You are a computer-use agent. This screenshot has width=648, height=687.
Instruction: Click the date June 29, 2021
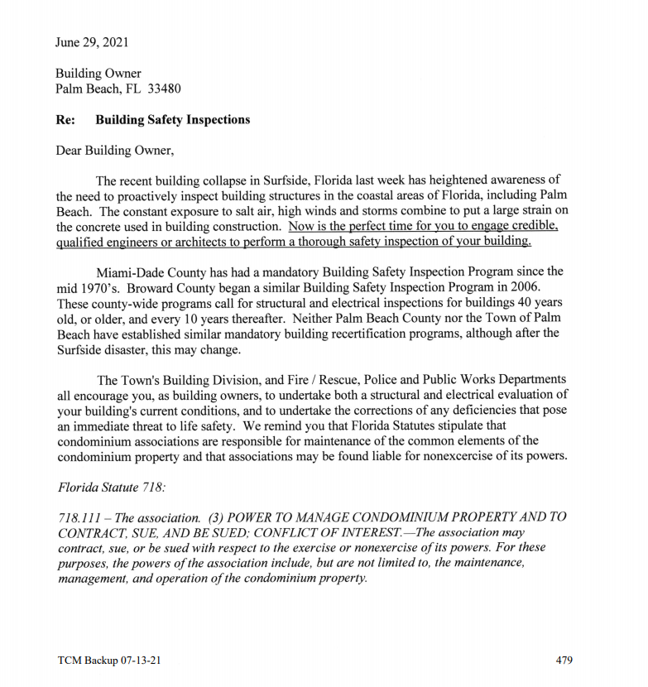pyautogui.click(x=92, y=42)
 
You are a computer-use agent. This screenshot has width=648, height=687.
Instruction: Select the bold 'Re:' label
pyautogui.click(x=65, y=120)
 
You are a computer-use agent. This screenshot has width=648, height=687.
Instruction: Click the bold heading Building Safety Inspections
pyautogui.click(x=172, y=120)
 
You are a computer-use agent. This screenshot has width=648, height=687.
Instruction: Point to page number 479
pyautogui.click(x=564, y=661)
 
